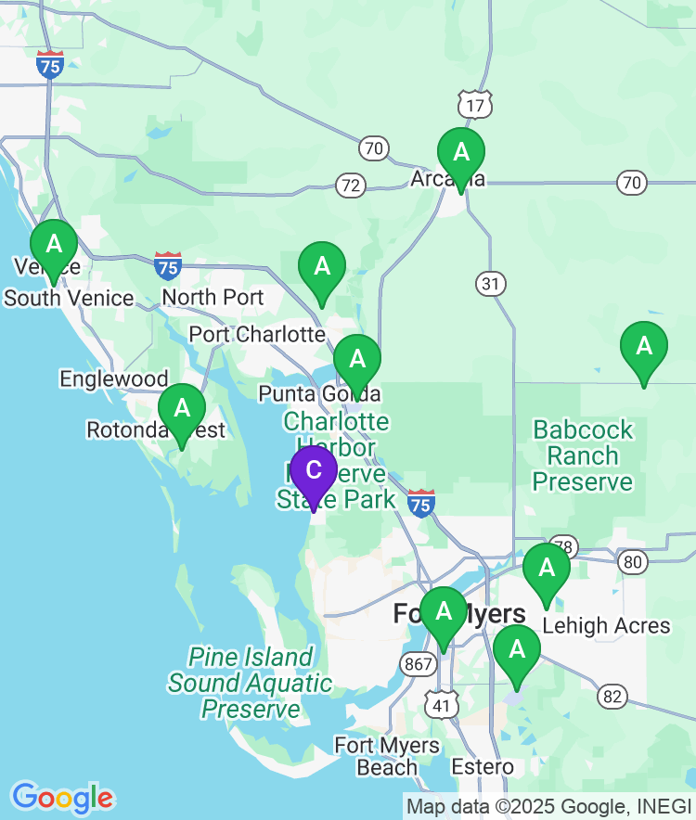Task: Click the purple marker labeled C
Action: click(314, 471)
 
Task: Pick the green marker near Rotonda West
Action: click(182, 409)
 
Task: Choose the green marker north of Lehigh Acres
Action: click(547, 569)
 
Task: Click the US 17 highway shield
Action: click(475, 106)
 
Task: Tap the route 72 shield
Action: click(351, 186)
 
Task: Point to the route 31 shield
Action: click(491, 282)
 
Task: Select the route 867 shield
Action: click(416, 663)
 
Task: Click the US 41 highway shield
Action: click(441, 706)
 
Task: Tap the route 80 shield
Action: click(634, 560)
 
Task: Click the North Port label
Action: click(213, 298)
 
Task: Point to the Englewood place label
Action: click(114, 378)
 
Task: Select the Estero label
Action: click(483, 767)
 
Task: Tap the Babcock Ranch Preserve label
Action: click(583, 455)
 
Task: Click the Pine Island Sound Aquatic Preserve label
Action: click(251, 684)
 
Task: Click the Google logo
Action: click(62, 797)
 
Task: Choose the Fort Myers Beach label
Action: click(387, 756)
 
